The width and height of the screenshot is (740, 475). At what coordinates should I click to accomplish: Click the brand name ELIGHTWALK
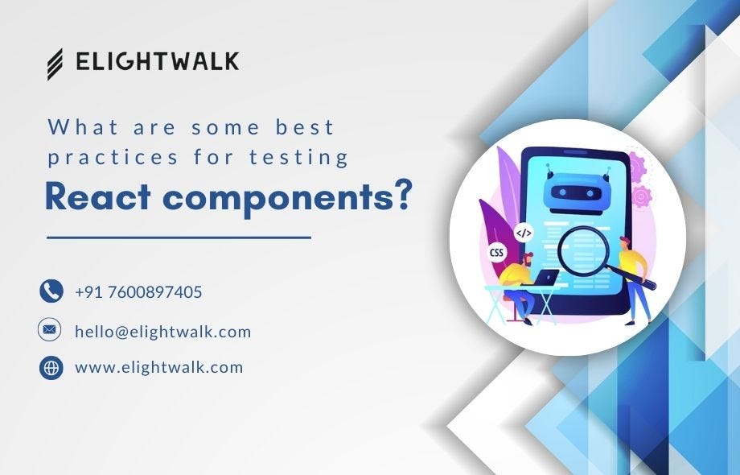click(157, 62)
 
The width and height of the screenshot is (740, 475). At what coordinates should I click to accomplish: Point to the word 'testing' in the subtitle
click(309, 157)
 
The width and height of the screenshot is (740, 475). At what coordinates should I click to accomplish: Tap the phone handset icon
click(51, 291)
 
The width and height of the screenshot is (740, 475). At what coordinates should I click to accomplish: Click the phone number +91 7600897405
click(138, 292)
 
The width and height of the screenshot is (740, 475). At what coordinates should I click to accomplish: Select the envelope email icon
click(51, 330)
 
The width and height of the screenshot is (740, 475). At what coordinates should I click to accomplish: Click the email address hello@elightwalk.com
click(162, 331)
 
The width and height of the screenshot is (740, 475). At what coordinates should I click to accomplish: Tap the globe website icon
click(51, 368)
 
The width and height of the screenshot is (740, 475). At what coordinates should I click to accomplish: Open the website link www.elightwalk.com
click(158, 368)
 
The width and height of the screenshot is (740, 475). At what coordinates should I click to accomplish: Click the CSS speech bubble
click(497, 253)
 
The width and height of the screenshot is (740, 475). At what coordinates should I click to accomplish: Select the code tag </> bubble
click(524, 233)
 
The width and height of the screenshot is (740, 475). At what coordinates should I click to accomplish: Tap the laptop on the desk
click(548, 278)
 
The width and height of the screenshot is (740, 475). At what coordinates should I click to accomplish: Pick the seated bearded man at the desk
click(518, 287)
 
